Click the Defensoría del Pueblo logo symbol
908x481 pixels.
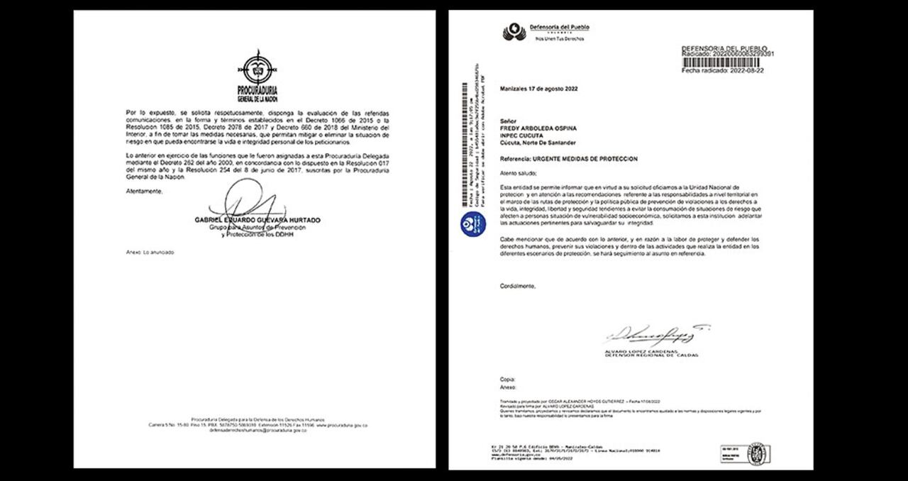tap(514, 31)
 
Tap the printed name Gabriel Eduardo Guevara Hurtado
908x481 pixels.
tap(257, 221)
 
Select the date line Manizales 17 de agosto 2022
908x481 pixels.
tap(539, 90)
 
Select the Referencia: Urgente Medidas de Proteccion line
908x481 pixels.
tap(569, 158)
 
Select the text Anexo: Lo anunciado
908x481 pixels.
tap(150, 253)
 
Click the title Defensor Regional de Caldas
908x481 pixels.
tap(651, 355)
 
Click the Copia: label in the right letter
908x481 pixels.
tap(506, 380)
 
